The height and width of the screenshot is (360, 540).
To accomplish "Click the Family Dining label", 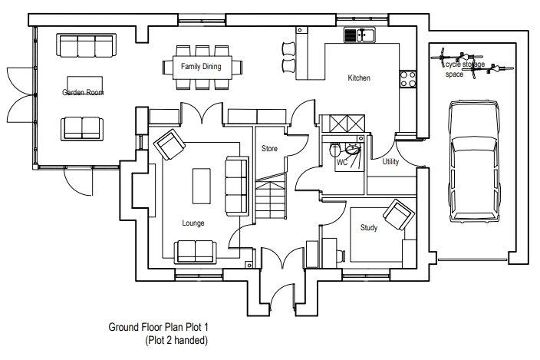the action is (201, 66).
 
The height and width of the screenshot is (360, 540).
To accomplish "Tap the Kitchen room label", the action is (359, 78).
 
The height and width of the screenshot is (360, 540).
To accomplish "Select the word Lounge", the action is (193, 223).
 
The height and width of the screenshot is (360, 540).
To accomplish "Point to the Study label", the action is (369, 228).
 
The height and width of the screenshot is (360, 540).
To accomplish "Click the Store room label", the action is (269, 148).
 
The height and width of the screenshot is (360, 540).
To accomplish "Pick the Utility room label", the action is (390, 161).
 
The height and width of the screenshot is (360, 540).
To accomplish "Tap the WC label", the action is (341, 162).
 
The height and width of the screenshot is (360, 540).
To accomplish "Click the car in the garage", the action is (474, 161).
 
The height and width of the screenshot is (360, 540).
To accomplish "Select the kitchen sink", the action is (361, 35).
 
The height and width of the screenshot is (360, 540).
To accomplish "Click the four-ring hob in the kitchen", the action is (408, 79).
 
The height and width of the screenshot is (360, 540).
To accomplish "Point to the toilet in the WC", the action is (334, 150).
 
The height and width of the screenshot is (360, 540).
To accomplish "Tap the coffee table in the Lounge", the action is (202, 186).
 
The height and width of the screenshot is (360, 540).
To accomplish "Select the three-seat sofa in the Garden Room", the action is (86, 45).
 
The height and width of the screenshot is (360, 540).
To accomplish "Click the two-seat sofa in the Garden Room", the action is (82, 128).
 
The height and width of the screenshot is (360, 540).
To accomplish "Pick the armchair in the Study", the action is (399, 214).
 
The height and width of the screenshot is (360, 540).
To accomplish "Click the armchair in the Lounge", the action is (170, 144).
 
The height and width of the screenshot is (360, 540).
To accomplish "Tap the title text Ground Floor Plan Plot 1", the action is (159, 327).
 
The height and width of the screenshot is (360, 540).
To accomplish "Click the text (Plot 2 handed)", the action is (176, 340).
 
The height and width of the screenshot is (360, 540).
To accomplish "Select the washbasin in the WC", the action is (352, 150).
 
